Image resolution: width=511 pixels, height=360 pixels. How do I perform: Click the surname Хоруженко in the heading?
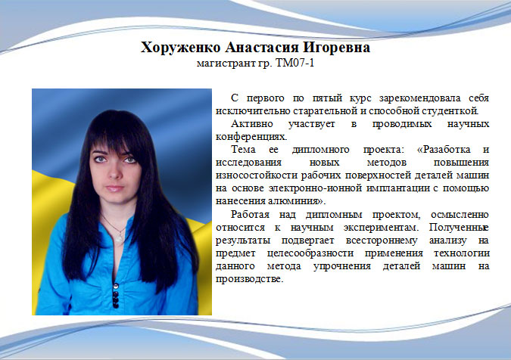pos(180,48)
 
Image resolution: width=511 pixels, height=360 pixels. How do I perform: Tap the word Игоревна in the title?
pos(337,48)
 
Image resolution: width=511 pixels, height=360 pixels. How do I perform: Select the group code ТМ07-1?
pos(295,63)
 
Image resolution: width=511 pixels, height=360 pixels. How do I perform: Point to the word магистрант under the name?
pos(226,63)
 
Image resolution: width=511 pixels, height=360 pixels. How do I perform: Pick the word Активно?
pos(251,124)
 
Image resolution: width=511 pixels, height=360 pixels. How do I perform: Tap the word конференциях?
pos(251,137)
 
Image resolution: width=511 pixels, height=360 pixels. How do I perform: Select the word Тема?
pos(243,150)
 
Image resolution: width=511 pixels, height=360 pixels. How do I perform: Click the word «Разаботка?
pos(444,150)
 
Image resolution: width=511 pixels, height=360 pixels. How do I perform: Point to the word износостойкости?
pos(257,175)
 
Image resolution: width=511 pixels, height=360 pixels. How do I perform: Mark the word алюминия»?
pos(297,201)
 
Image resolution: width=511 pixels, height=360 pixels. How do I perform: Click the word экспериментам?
pos(381,228)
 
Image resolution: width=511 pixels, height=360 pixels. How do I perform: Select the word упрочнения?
pos(342,266)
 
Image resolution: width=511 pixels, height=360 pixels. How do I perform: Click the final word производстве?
pos(249,279)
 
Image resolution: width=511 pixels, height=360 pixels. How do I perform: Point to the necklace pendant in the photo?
pos(120,237)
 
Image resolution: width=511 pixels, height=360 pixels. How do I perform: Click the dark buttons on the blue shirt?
pos(115,295)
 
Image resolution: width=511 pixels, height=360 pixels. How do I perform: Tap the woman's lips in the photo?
pos(114,188)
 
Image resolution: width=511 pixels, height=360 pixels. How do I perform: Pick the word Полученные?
pos(459,228)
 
